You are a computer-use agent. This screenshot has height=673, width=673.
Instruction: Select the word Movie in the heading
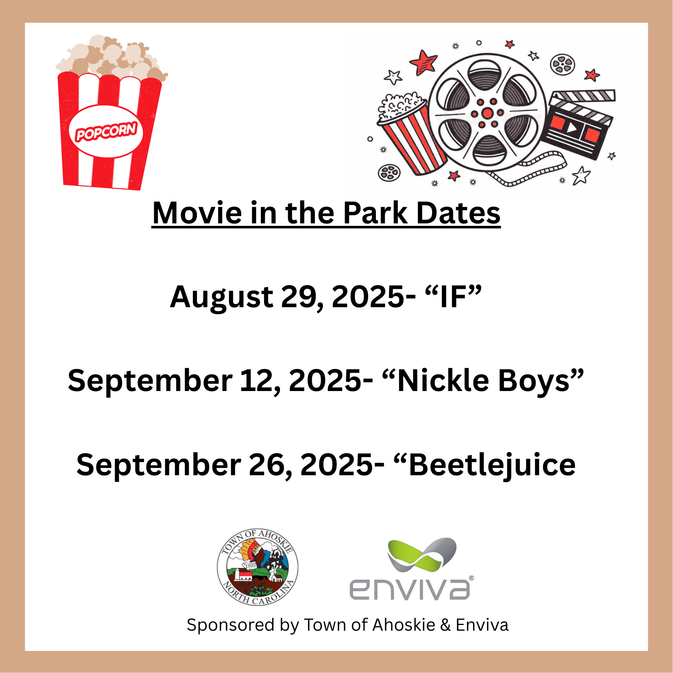pyautogui.click(x=197, y=213)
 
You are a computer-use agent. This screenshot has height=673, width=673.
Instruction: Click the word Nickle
pyautogui.click(x=443, y=380)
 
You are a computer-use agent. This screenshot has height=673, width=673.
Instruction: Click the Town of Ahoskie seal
pyautogui.click(x=258, y=566)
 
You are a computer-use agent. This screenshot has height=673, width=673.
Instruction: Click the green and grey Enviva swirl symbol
pyautogui.click(x=422, y=555)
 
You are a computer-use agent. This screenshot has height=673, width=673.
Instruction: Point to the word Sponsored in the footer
pyautogui.click(x=231, y=625)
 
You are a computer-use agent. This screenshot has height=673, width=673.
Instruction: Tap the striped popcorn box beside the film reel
pyautogui.click(x=411, y=132)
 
